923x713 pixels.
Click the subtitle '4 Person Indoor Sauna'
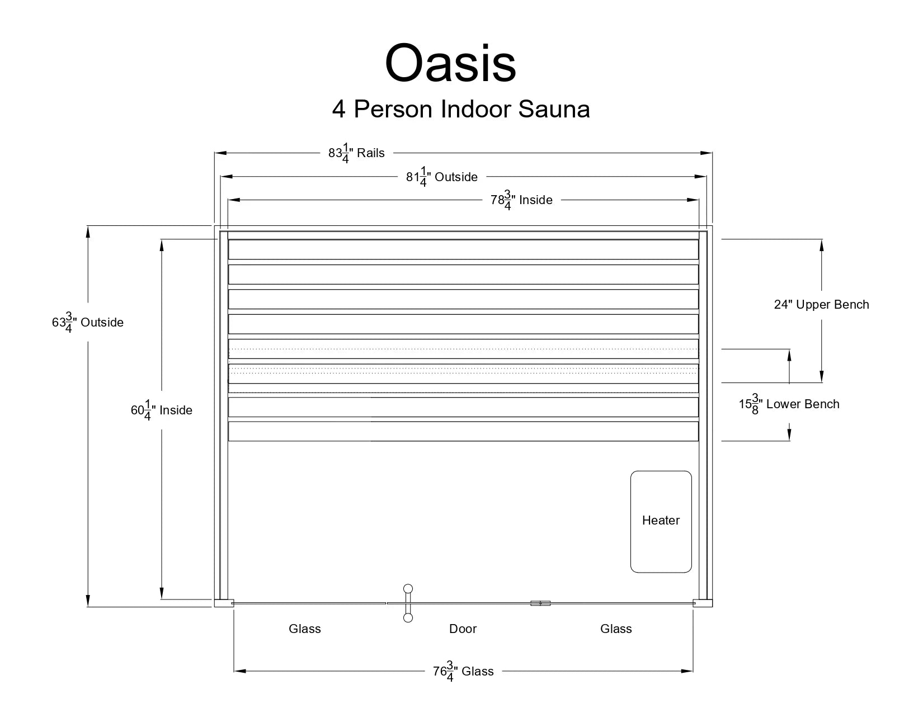coord(461,108)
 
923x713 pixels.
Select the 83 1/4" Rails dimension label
coord(356,153)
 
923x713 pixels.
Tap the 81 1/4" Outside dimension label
coord(441,177)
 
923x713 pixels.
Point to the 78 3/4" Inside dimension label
coord(521,200)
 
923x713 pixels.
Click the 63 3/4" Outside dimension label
coord(88,323)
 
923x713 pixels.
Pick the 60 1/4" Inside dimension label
coord(161,410)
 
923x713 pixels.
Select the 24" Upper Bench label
coord(821,305)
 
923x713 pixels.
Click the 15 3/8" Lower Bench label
coord(789,404)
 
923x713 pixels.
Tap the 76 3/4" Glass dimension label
coord(463,671)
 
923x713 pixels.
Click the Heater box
coord(661,521)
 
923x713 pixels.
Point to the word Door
coord(463,629)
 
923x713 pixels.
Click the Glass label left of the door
coord(305,629)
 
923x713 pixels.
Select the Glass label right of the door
coord(616,629)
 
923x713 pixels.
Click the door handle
coord(408,603)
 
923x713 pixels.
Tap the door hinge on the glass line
coord(540,603)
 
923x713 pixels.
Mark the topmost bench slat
coord(463,249)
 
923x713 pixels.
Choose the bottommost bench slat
coord(463,431)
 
